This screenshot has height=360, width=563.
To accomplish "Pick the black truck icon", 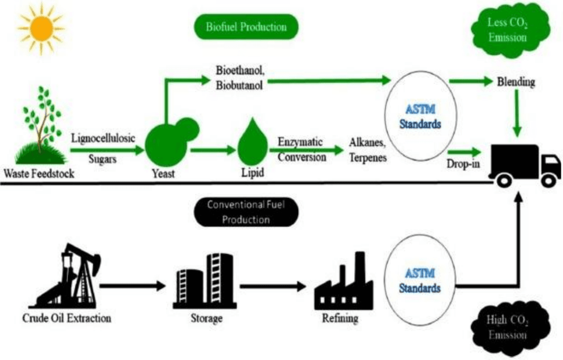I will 524,164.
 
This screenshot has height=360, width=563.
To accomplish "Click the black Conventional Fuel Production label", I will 246,212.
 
